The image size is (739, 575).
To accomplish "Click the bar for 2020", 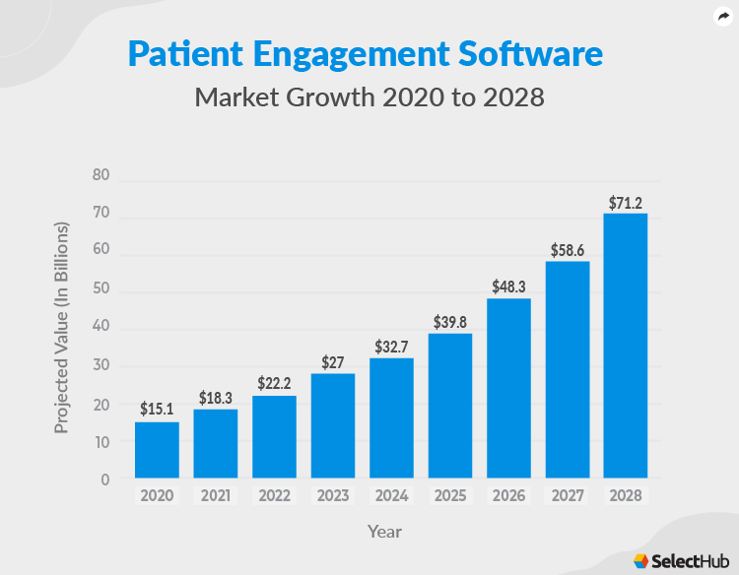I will point(157,450).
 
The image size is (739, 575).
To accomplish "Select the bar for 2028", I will point(626,346).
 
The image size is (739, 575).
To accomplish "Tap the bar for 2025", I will point(450,406).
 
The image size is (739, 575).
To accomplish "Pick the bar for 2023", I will point(333,425).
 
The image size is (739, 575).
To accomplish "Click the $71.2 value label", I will point(626,203).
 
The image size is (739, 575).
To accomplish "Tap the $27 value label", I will point(333,362).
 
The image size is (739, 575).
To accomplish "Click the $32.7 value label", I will point(391,347).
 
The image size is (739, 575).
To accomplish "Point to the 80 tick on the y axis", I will point(101,175).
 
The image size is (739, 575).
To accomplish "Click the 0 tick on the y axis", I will point(104,479).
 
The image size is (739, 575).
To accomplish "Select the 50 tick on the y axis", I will point(101,290).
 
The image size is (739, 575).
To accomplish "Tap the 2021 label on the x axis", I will point(215,496).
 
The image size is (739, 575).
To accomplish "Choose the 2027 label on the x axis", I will point(567,496).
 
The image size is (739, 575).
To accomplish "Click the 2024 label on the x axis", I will point(391,496).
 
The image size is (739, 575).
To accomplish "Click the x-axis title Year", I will point(384,532).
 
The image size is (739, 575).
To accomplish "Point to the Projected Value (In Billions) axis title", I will point(62,328).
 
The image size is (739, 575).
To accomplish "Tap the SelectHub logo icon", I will point(641,560).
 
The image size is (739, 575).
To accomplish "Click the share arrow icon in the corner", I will point(722,17).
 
